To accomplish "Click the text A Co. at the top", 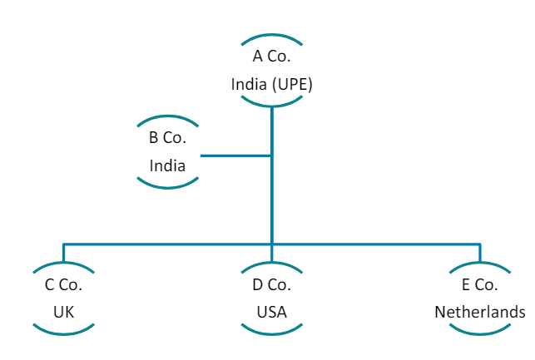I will coord(271,57).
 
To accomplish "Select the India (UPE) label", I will coord(271,84).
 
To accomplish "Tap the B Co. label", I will coord(167,138).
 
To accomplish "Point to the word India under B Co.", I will coord(167,165).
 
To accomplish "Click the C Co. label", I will coord(63,285).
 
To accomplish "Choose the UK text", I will coord(63,312).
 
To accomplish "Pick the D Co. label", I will coord(271,285).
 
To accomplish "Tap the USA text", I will coord(271,312).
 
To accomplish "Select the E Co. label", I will coord(480,285).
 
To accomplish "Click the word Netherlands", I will coord(480,312).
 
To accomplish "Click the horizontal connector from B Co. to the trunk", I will coord(235,155).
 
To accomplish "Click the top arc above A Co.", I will coord(271,36).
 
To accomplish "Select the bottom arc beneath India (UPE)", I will coord(271,105).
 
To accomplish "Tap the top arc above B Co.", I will coord(167,117).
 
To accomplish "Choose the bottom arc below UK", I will coord(63,333).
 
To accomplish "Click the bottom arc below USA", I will coord(271,333).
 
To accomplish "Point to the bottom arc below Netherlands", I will coord(480,333).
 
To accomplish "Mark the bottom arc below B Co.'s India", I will coord(167,185).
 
